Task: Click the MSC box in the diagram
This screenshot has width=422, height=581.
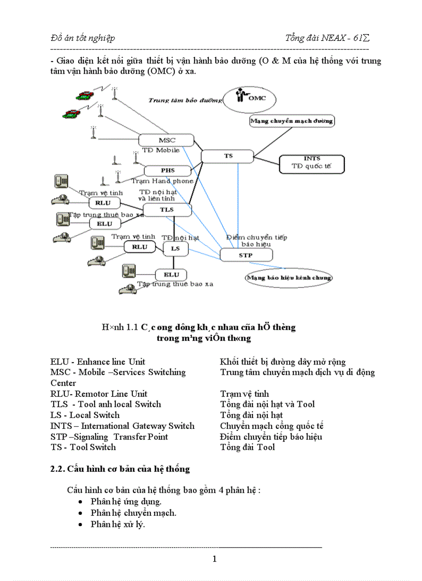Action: [166, 140]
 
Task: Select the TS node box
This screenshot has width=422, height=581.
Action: [228, 156]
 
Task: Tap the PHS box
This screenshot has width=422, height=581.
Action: [167, 170]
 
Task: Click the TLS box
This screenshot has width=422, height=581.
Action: [167, 210]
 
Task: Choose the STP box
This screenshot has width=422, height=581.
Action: [246, 255]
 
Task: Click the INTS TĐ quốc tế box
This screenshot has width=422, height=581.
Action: [312, 163]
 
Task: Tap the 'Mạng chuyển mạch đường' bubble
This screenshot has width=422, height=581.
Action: [292, 122]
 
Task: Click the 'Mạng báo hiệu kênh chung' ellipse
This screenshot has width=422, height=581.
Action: [289, 277]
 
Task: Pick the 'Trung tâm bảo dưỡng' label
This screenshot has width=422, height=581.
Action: [182, 100]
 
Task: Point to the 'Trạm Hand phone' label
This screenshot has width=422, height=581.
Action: [162, 181]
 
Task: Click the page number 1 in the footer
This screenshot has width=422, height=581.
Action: [215, 559]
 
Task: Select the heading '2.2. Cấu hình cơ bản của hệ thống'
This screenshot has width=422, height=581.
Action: [120, 469]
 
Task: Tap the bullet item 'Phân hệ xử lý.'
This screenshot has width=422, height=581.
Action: [118, 524]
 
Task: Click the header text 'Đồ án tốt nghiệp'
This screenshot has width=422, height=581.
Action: [83, 38]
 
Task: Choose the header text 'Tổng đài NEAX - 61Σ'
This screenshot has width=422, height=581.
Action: [327, 38]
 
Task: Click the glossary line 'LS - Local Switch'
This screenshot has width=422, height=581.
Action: [85, 415]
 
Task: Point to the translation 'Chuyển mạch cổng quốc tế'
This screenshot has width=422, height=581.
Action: [272, 426]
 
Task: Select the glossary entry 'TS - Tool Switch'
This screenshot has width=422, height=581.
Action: [83, 447]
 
